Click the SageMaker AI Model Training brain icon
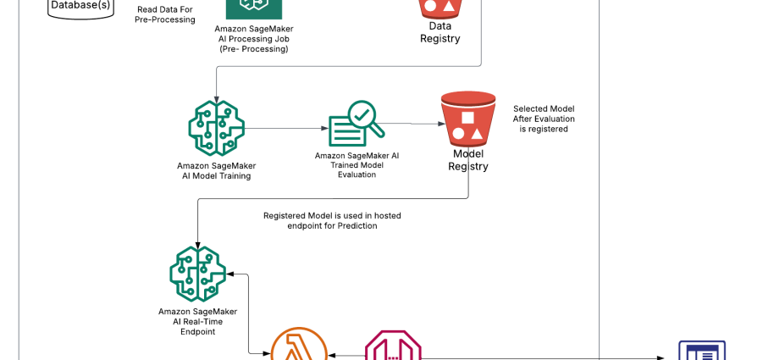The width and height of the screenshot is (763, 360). [x=216, y=128]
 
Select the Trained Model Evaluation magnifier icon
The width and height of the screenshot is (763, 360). [x=355, y=124]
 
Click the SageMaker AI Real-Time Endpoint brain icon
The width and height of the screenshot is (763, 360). [x=197, y=274]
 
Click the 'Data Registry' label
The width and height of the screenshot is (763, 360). [x=440, y=32]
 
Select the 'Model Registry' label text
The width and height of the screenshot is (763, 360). [x=468, y=160]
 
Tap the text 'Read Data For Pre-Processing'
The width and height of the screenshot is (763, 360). [x=164, y=14]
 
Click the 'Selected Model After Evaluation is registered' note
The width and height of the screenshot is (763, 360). [x=544, y=119]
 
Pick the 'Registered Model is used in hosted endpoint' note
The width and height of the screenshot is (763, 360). [x=332, y=221]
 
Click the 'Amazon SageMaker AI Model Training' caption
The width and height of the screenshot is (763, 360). [x=216, y=170]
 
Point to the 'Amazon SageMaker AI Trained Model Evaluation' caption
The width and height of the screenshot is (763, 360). [x=357, y=165]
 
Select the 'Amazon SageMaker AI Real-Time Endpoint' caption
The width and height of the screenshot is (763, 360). [x=197, y=321]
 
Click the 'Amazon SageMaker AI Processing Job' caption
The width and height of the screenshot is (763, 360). [x=253, y=39]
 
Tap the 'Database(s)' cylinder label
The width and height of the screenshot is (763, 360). [x=80, y=6]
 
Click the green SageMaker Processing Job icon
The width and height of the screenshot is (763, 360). [x=253, y=7]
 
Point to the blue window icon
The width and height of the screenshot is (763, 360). [x=702, y=351]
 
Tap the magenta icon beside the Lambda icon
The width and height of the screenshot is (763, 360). [x=393, y=346]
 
